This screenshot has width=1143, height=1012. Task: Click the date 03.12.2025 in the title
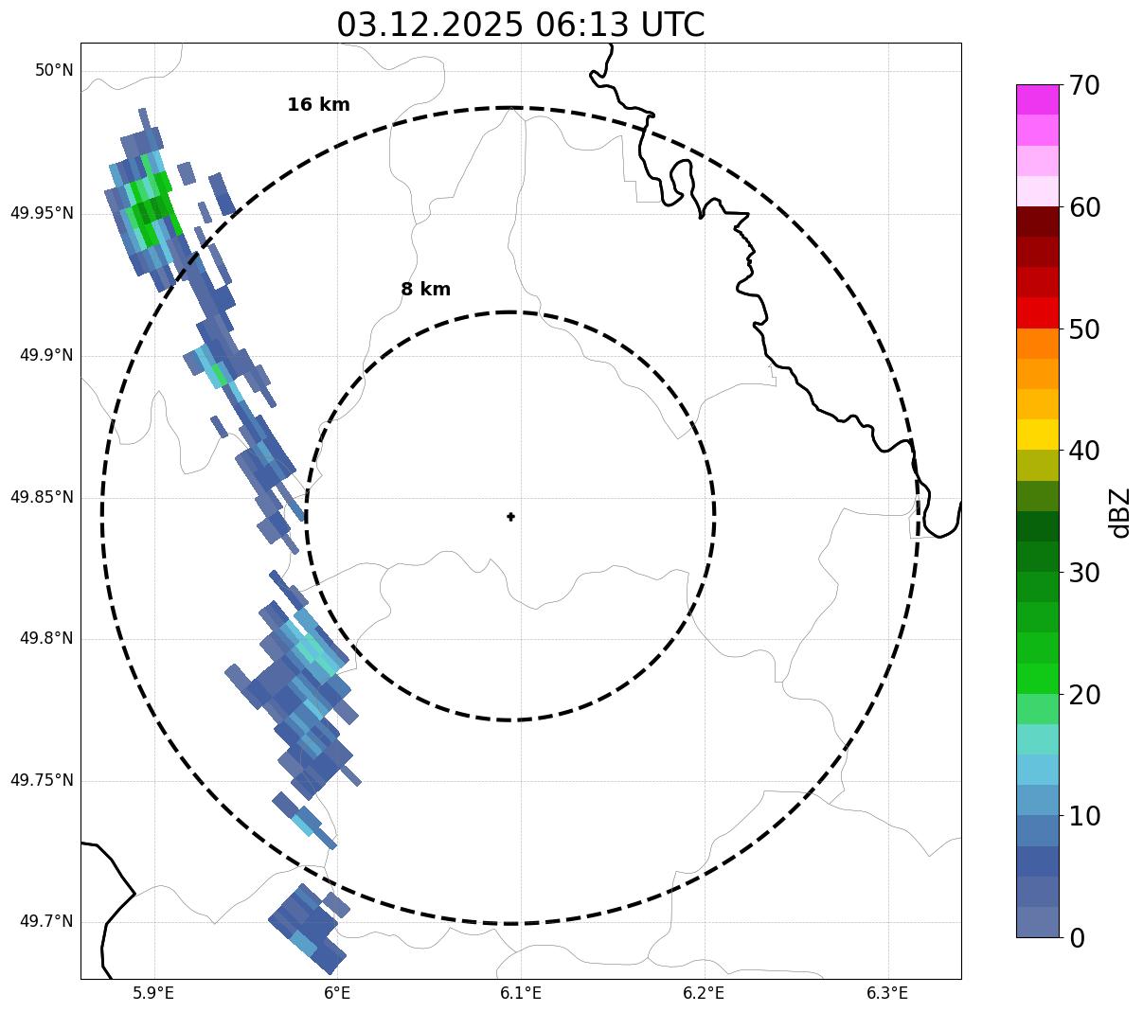pyautogui.click(x=429, y=25)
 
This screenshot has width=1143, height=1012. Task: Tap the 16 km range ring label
pyautogui.click(x=318, y=105)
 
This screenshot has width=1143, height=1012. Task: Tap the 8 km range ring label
pyautogui.click(x=425, y=290)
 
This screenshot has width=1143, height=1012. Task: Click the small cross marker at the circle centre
pyautogui.click(x=511, y=516)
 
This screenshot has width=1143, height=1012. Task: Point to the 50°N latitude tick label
pyautogui.click(x=54, y=71)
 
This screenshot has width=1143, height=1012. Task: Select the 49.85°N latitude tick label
pyautogui.click(x=42, y=497)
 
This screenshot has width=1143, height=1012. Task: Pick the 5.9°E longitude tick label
pyautogui.click(x=153, y=993)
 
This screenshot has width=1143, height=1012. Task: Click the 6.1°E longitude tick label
pyautogui.click(x=520, y=993)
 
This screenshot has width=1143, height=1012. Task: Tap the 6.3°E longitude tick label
pyautogui.click(x=887, y=993)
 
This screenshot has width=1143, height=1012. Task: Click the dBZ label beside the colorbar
pyautogui.click(x=1120, y=512)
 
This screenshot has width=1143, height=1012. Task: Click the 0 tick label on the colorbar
pyautogui.click(x=1077, y=938)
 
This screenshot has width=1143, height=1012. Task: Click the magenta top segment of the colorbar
pyautogui.click(x=1037, y=99)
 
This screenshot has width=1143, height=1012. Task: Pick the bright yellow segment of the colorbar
pyautogui.click(x=1037, y=435)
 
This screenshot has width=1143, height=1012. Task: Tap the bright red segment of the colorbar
pyautogui.click(x=1037, y=312)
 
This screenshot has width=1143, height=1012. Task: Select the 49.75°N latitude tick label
pyautogui.click(x=42, y=780)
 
